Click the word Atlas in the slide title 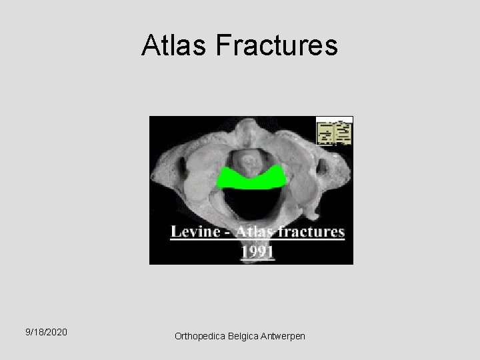[x=175, y=46]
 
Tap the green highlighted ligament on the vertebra [x=253, y=178]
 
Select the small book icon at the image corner [x=335, y=132]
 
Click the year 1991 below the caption [x=258, y=252]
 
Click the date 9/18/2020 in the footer [x=46, y=331]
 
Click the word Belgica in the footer [x=245, y=337]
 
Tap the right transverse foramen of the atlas [x=326, y=162]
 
